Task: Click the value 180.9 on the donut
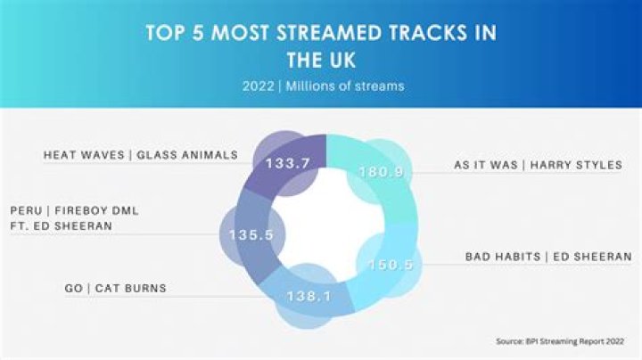tap(375, 171)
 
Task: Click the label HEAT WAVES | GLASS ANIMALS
tap(141, 154)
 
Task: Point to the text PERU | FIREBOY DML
tap(74, 210)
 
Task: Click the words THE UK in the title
tap(321, 60)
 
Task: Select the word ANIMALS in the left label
tap(206, 154)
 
